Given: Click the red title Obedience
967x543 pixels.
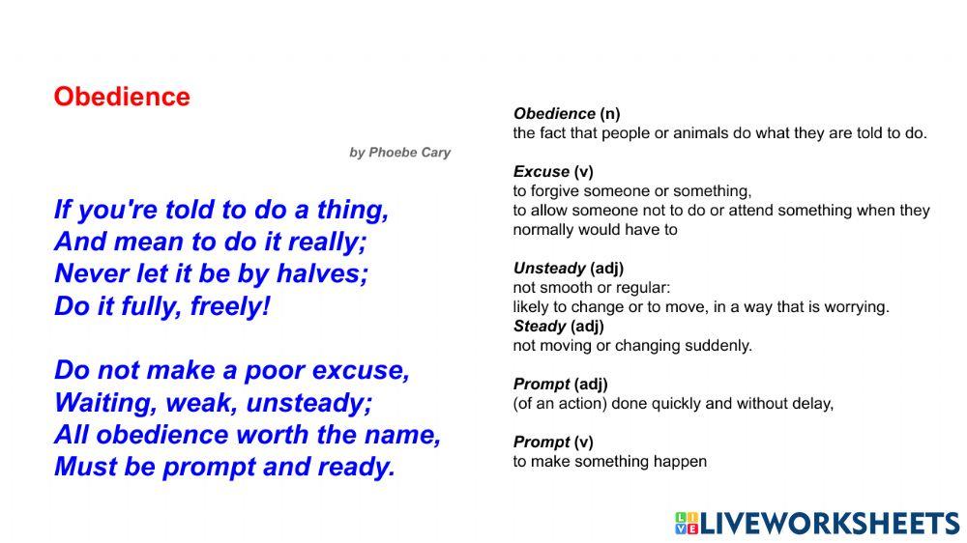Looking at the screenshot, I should pos(122,97).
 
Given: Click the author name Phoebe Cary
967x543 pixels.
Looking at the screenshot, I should pos(409,153).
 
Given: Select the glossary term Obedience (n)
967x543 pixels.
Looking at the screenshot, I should pos(566,114).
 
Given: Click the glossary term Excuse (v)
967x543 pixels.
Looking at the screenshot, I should pos(553,172).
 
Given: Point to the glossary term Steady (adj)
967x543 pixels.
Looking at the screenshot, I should pos(559,327).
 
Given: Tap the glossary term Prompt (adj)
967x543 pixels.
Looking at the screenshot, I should pos(560,385).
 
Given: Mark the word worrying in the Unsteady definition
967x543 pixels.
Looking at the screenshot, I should pos(854,307).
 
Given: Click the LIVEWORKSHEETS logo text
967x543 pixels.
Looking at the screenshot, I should pos(830,524).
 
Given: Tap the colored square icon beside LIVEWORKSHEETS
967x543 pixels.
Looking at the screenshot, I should pos(686,524).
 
